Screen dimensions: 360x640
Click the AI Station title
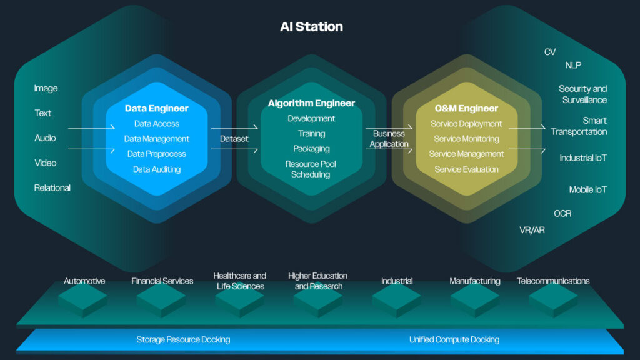pos(311,27)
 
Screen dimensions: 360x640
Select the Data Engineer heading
pos(156,108)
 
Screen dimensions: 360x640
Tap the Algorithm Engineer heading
pos(311,103)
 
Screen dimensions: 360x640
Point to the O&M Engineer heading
pos(466,108)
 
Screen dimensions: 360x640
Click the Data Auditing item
pos(156,169)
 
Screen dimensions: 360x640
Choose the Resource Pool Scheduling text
pos(311,169)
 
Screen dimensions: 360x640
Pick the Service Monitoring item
pos(466,139)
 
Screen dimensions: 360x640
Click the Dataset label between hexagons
pos(234,139)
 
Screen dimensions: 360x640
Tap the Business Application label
pos(389,139)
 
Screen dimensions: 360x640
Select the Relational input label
pos(52,187)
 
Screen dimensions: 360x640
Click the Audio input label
pos(45,137)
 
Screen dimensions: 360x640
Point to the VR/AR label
pos(532,230)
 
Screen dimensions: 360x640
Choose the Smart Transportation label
pos(579,126)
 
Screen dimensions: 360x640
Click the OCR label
pos(562,214)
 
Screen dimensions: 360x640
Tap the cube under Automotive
pos(82,301)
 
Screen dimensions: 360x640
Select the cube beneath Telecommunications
pos(553,301)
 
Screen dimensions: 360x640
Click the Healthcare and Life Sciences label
pos(240,281)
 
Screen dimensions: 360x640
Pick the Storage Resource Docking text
pos(183,339)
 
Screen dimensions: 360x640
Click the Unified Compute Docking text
pos(454,339)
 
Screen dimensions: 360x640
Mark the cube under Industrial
pos(396,301)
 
